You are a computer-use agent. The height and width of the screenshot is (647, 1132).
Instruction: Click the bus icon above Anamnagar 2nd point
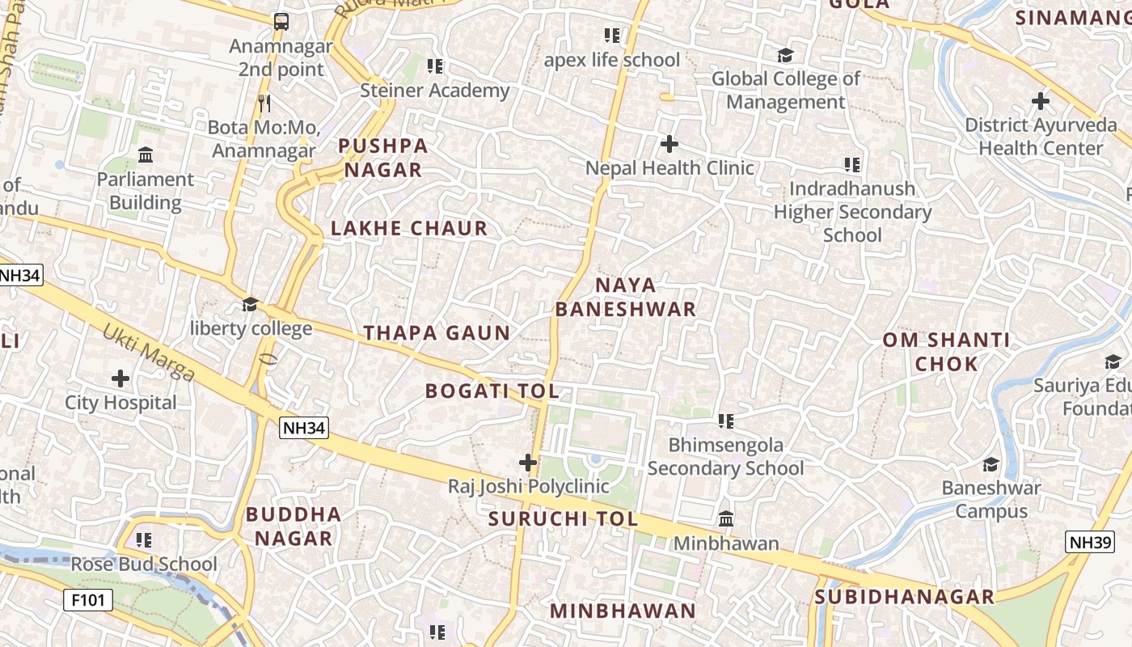click(x=281, y=22)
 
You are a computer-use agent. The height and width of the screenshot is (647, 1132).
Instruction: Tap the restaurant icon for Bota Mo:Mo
click(x=264, y=104)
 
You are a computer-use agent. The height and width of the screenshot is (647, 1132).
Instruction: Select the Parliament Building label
click(x=146, y=191)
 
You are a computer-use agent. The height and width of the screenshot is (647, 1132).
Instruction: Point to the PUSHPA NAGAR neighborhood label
click(x=382, y=158)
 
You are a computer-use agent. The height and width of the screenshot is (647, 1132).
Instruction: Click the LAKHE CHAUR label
click(x=409, y=229)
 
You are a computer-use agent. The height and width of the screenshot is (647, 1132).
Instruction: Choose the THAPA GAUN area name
click(x=437, y=333)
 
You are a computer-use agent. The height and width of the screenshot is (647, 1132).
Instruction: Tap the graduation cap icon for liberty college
click(x=251, y=305)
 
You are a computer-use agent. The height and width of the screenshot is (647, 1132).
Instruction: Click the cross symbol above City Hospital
click(x=120, y=378)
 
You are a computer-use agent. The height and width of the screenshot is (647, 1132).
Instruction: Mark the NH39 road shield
click(x=1089, y=542)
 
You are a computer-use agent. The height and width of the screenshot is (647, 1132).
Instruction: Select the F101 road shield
click(x=88, y=600)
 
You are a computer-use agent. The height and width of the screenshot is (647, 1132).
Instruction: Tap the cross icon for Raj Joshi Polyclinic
click(x=528, y=463)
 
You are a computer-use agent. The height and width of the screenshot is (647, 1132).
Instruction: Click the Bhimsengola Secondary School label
click(x=725, y=457)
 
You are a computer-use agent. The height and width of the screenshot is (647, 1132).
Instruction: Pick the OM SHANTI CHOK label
click(x=946, y=352)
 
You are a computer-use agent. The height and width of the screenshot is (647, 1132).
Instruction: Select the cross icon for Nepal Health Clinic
click(x=669, y=144)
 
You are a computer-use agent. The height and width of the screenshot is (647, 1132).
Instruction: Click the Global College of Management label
click(x=785, y=91)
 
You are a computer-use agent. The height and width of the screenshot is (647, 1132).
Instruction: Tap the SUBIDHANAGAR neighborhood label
click(x=904, y=598)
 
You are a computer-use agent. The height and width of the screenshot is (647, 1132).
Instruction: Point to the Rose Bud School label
click(x=144, y=565)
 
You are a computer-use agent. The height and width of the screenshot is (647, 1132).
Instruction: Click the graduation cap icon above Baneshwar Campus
click(x=990, y=464)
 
